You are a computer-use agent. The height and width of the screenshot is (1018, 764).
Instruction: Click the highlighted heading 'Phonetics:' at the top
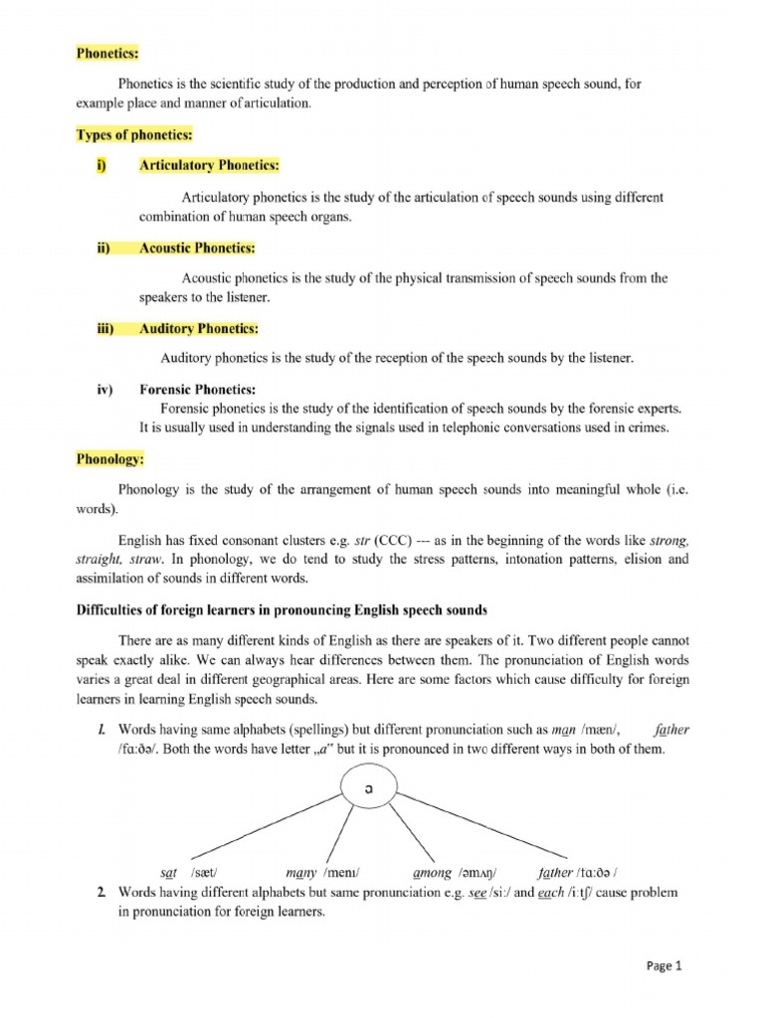[107, 53]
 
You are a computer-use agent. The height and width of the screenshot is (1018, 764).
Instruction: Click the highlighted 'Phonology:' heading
[110, 460]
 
